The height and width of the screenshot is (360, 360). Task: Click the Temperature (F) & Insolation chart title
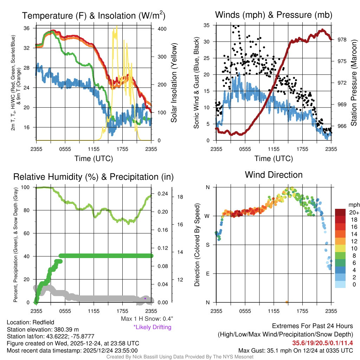click(94, 15)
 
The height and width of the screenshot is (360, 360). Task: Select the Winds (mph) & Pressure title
click(274, 15)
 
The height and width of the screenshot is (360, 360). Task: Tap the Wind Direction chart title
click(274, 175)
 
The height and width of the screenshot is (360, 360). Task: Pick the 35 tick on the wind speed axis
click(207, 25)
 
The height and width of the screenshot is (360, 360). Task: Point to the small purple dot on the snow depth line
click(145, 298)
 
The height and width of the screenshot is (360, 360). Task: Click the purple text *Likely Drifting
click(152, 327)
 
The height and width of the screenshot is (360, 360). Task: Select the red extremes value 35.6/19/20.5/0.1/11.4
click(322, 342)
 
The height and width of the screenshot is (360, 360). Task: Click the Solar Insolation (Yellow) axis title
click(174, 83)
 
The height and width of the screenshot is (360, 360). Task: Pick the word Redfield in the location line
click(43, 322)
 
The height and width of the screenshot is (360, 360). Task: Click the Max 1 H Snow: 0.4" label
click(147, 319)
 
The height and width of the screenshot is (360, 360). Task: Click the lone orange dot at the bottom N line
click(287, 302)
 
